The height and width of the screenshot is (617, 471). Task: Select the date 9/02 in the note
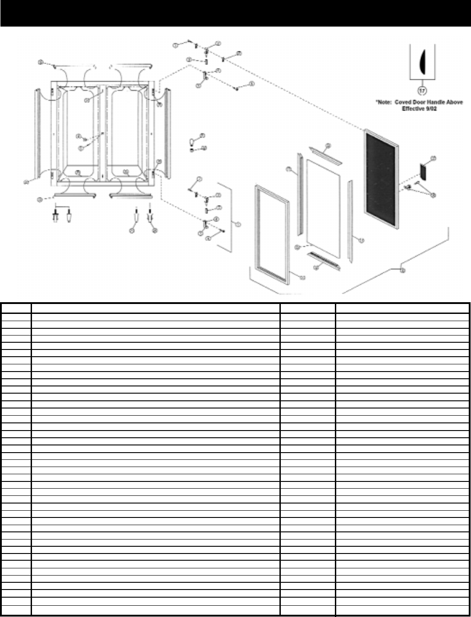431,109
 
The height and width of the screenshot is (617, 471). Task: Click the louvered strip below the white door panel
323,261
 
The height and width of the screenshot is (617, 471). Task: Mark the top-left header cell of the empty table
16,308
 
